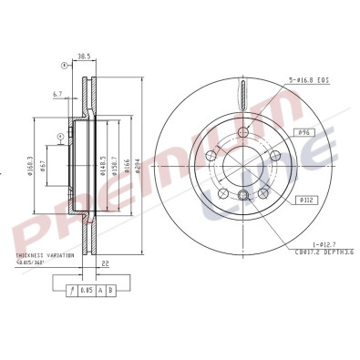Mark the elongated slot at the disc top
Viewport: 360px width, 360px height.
[242, 92]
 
